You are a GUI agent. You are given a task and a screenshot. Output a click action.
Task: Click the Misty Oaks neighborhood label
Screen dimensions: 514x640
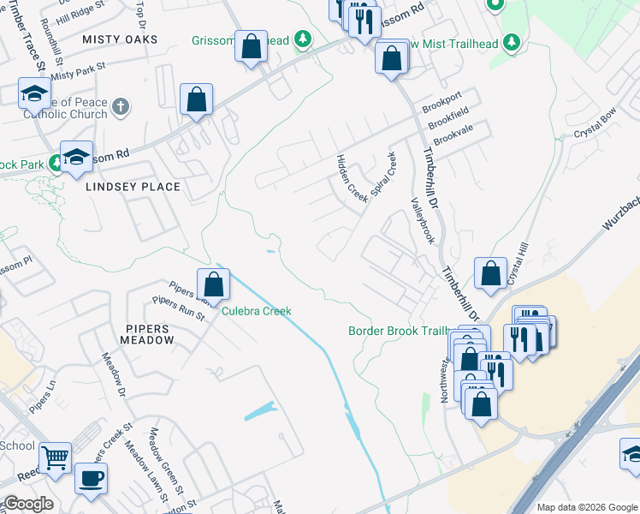click(x=120, y=39)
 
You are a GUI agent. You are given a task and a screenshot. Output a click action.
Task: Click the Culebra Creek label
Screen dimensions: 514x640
click(x=257, y=311)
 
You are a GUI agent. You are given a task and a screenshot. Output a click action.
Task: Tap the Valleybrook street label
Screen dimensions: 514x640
click(x=423, y=222)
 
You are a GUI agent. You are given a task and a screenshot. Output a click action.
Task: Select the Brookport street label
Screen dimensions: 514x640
click(x=441, y=109)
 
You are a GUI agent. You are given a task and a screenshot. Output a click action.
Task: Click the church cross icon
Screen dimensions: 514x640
click(x=121, y=107)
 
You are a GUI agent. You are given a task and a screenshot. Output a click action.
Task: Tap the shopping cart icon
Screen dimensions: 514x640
click(x=56, y=459)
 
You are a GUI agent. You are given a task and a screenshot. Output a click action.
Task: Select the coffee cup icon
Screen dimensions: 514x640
click(x=91, y=477)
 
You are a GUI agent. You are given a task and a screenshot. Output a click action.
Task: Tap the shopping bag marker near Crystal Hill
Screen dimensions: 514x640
click(x=489, y=274)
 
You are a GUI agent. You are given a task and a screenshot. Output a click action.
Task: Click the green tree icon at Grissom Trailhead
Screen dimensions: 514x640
click(x=301, y=39)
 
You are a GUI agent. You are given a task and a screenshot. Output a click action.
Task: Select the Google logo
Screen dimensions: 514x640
click(x=27, y=504)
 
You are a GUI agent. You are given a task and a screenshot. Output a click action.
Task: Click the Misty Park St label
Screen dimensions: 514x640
click(x=77, y=70)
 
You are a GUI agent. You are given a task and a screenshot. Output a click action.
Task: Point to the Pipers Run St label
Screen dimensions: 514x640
click(x=178, y=308)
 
